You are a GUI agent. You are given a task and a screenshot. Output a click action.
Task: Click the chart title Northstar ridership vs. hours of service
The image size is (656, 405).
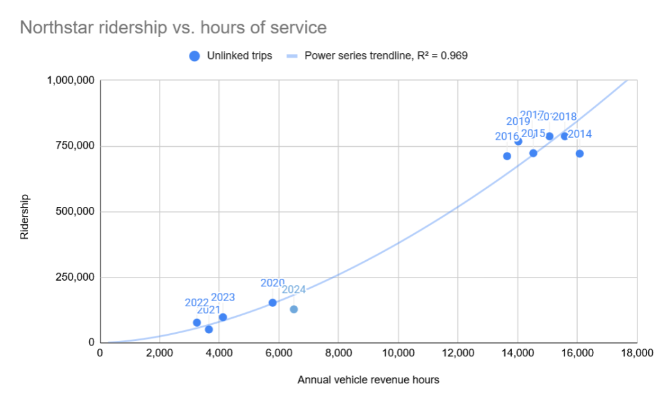(173, 28)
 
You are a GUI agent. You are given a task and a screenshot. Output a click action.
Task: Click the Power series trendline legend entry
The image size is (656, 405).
(378, 56)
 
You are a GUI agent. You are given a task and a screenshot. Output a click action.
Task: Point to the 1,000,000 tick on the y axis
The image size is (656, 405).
(71, 81)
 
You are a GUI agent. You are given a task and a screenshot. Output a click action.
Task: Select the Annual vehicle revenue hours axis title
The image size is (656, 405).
(368, 380)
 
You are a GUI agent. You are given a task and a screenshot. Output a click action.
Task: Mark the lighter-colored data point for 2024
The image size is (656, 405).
(294, 309)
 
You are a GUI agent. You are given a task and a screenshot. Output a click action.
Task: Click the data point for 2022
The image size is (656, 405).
(197, 322)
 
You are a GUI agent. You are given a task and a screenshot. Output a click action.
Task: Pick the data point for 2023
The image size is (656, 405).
(223, 317)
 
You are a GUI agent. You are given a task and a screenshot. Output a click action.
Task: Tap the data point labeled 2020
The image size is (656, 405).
(272, 302)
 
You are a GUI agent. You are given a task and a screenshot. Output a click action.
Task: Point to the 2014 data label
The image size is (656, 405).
(580, 134)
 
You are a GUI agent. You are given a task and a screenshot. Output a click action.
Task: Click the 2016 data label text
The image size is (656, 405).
(507, 136)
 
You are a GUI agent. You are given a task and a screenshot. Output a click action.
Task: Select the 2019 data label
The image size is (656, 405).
(518, 122)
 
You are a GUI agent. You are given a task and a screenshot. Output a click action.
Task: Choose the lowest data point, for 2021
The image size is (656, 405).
(209, 329)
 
